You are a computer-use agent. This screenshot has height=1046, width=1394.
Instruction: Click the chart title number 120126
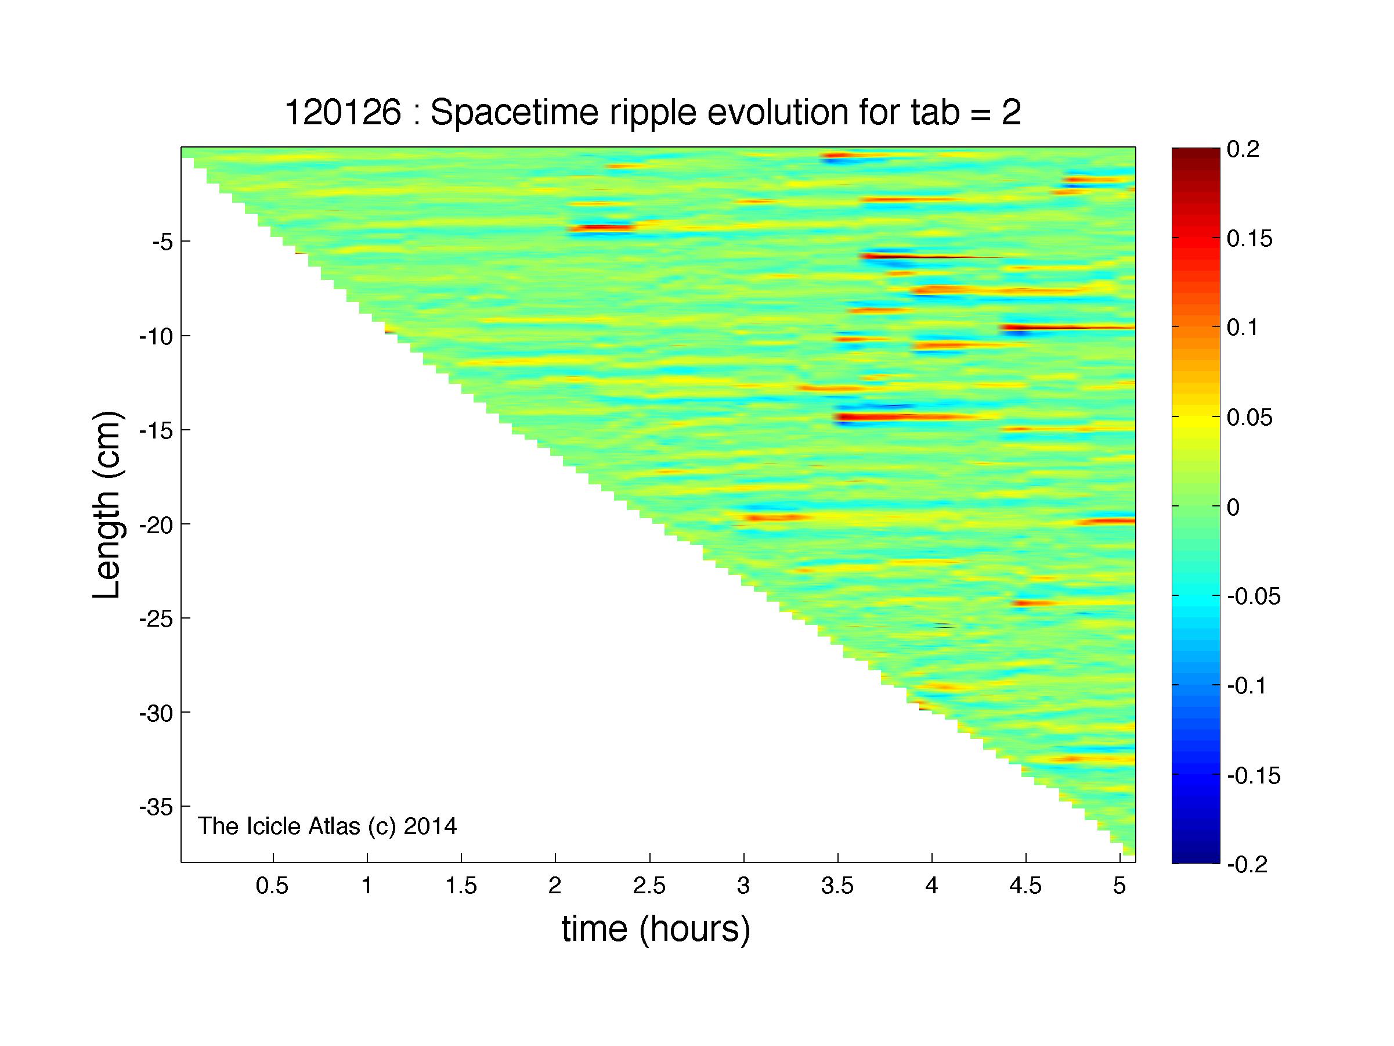point(343,113)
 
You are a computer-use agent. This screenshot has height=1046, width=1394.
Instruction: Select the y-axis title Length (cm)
point(107,505)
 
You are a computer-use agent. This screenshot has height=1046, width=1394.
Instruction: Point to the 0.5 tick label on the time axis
point(272,886)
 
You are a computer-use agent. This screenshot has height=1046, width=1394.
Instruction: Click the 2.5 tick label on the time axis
point(649,886)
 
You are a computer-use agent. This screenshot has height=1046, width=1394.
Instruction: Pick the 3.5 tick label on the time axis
point(837,886)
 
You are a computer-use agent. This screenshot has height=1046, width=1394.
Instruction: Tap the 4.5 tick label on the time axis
point(1025,886)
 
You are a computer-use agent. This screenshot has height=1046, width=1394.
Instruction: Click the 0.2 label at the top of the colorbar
point(1243,149)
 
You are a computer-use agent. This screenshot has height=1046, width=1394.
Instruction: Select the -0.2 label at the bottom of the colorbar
point(1247,864)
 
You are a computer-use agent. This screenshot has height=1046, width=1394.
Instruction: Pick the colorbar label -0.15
point(1254,775)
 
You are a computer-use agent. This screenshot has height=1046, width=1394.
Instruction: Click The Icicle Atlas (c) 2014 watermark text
point(327,826)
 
